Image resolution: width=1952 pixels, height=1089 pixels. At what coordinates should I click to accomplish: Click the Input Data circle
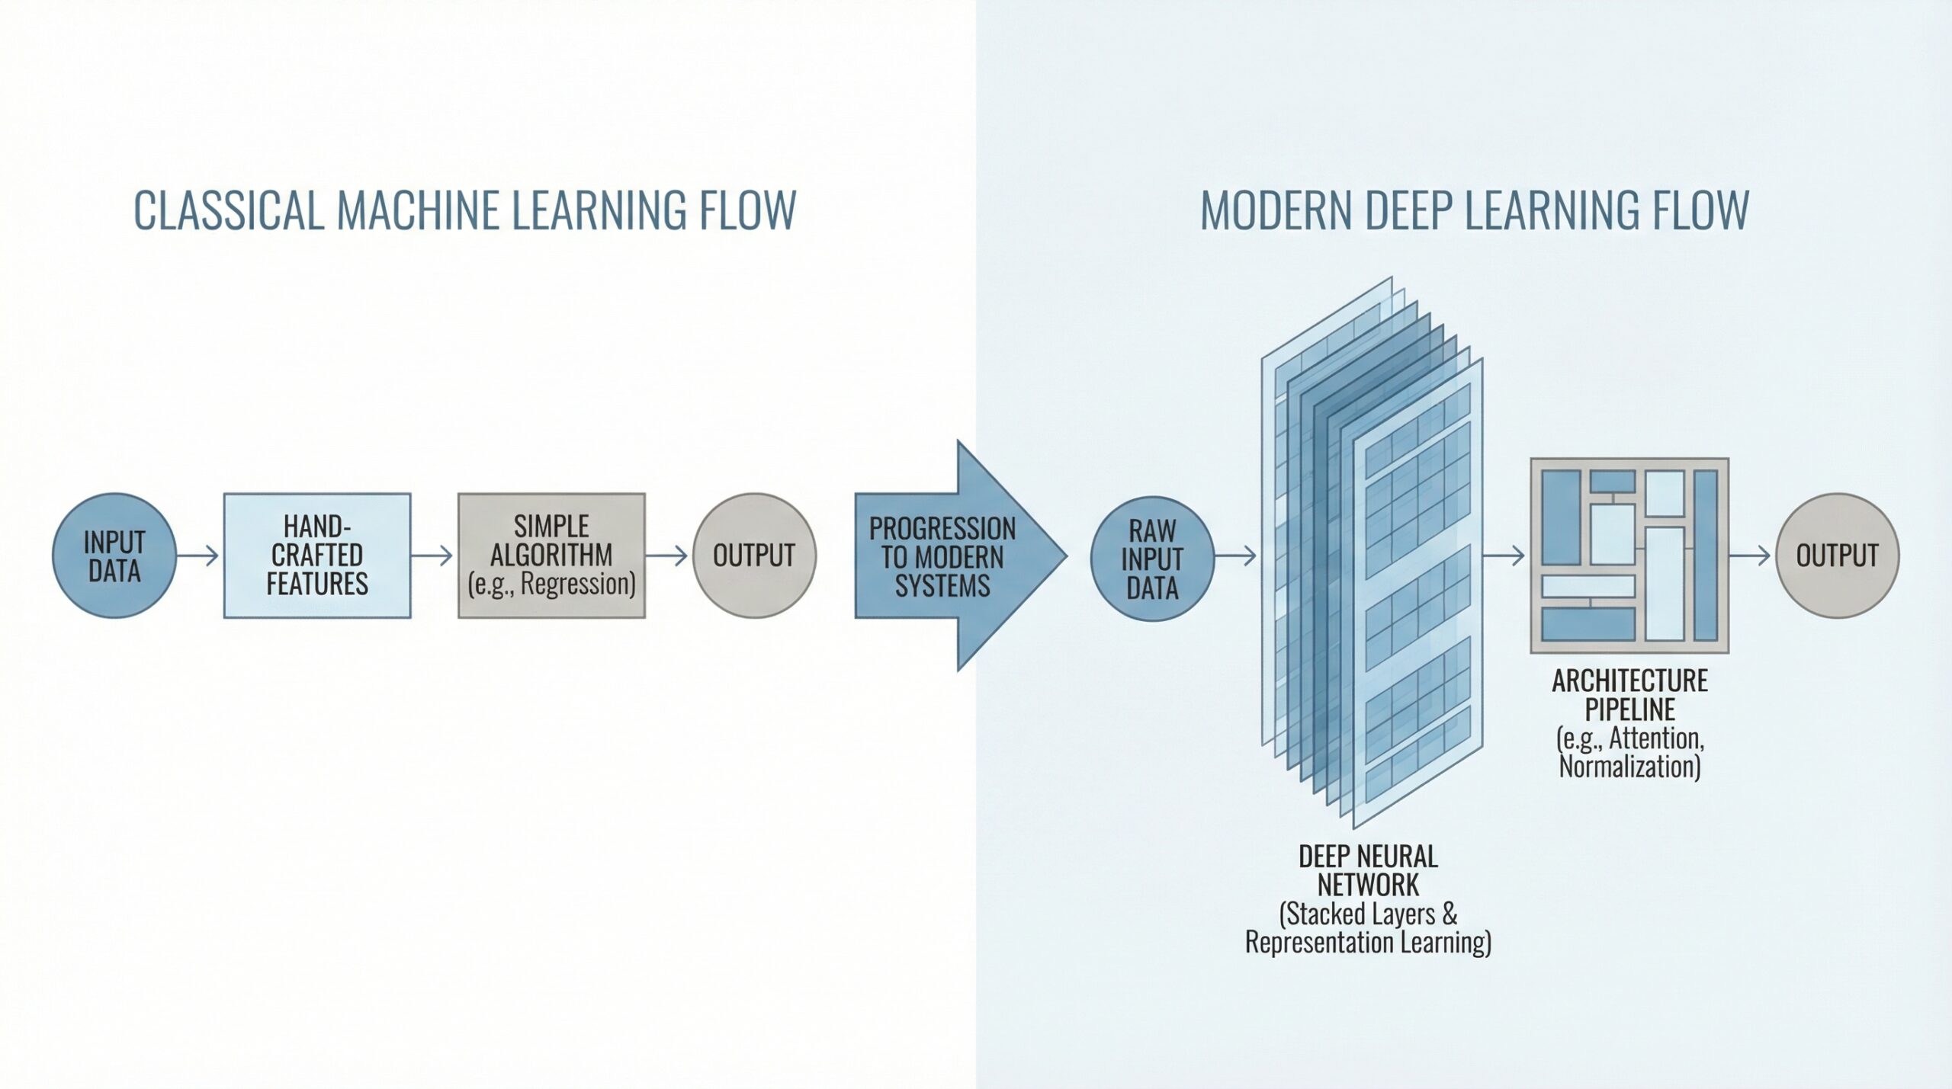[x=114, y=556]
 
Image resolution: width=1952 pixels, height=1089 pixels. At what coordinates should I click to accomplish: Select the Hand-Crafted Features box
[x=317, y=556]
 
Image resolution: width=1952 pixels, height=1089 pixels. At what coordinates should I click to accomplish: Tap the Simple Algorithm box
[x=551, y=556]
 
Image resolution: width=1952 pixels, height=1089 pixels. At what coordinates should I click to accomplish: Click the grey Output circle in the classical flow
[x=754, y=556]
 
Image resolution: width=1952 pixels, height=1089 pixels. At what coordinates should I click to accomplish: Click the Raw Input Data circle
[x=1152, y=559]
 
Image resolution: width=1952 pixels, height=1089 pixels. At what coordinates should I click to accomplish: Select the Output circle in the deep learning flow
[x=1837, y=556]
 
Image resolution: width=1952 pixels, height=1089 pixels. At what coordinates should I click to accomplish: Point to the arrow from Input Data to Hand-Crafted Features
[x=199, y=556]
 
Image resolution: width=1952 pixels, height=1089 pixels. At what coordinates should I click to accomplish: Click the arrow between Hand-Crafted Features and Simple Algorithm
[x=433, y=556]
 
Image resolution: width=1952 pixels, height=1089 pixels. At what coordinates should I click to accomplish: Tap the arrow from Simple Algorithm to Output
[x=668, y=556]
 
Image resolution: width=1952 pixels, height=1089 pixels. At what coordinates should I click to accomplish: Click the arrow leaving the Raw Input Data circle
[x=1236, y=556]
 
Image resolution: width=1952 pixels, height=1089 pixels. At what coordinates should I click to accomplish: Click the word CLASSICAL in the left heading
[x=229, y=210]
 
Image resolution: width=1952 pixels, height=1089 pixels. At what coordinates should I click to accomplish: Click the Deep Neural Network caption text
[x=1368, y=871]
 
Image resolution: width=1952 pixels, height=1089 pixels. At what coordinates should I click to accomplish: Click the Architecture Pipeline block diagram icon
[x=1629, y=556]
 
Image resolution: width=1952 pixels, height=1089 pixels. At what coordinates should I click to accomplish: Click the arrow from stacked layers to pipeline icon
[x=1504, y=556]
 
